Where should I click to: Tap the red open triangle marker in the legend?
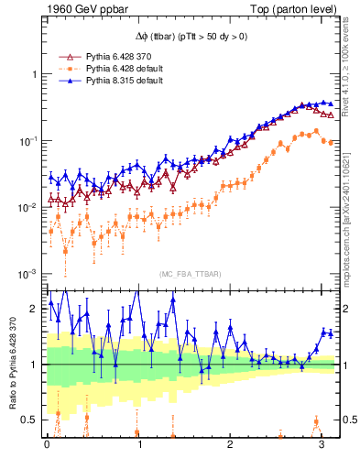point(65,57)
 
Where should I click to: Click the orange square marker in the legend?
point(65,69)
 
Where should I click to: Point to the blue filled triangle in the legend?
point(65,81)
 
